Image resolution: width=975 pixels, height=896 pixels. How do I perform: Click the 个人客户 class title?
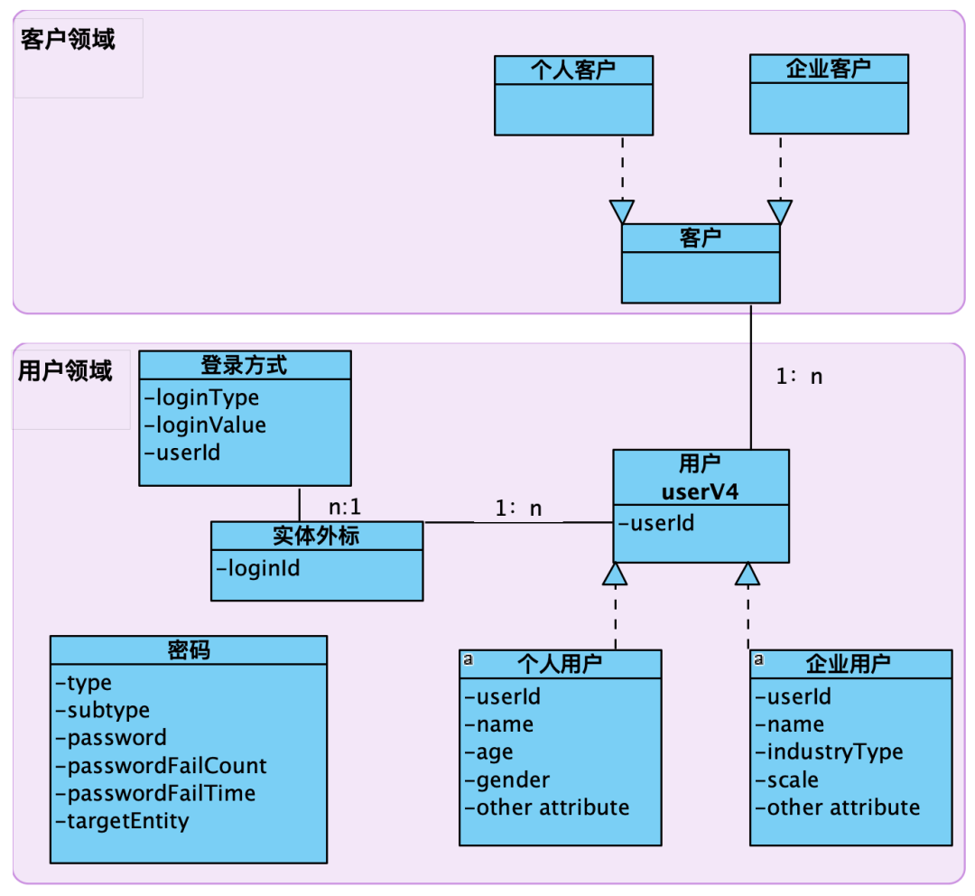[573, 70]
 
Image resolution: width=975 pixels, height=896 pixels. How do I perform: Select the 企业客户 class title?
[828, 69]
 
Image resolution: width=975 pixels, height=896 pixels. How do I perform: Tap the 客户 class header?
[700, 238]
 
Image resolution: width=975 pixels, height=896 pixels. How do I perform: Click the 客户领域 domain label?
[68, 40]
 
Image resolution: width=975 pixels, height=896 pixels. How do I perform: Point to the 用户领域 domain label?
[65, 370]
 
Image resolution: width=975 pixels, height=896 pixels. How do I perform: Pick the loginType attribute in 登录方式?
[207, 397]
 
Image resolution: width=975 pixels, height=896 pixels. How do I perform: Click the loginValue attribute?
[210, 425]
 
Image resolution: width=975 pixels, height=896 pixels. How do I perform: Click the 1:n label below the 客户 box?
[799, 377]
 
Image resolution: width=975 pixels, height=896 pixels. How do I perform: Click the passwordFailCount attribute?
[167, 766]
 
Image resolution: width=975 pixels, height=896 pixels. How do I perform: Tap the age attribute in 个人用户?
[494, 751]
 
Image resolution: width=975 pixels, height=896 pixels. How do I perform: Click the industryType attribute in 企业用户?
[834, 751]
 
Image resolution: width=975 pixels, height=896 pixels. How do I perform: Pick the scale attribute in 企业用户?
[792, 779]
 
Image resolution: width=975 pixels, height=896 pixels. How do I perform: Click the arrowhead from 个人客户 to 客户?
[622, 211]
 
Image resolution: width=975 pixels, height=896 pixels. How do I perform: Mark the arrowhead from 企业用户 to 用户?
[747, 573]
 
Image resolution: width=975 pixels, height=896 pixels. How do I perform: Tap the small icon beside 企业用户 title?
[758, 660]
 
